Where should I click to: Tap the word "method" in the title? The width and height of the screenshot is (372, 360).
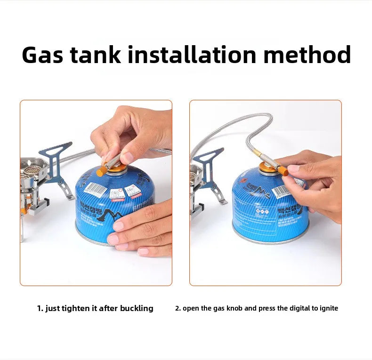[x=307, y=55]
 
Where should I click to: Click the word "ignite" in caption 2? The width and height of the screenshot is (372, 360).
[x=328, y=309]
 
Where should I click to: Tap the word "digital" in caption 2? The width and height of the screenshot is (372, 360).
[x=298, y=309]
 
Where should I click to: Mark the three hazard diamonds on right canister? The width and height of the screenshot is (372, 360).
[x=262, y=212]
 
